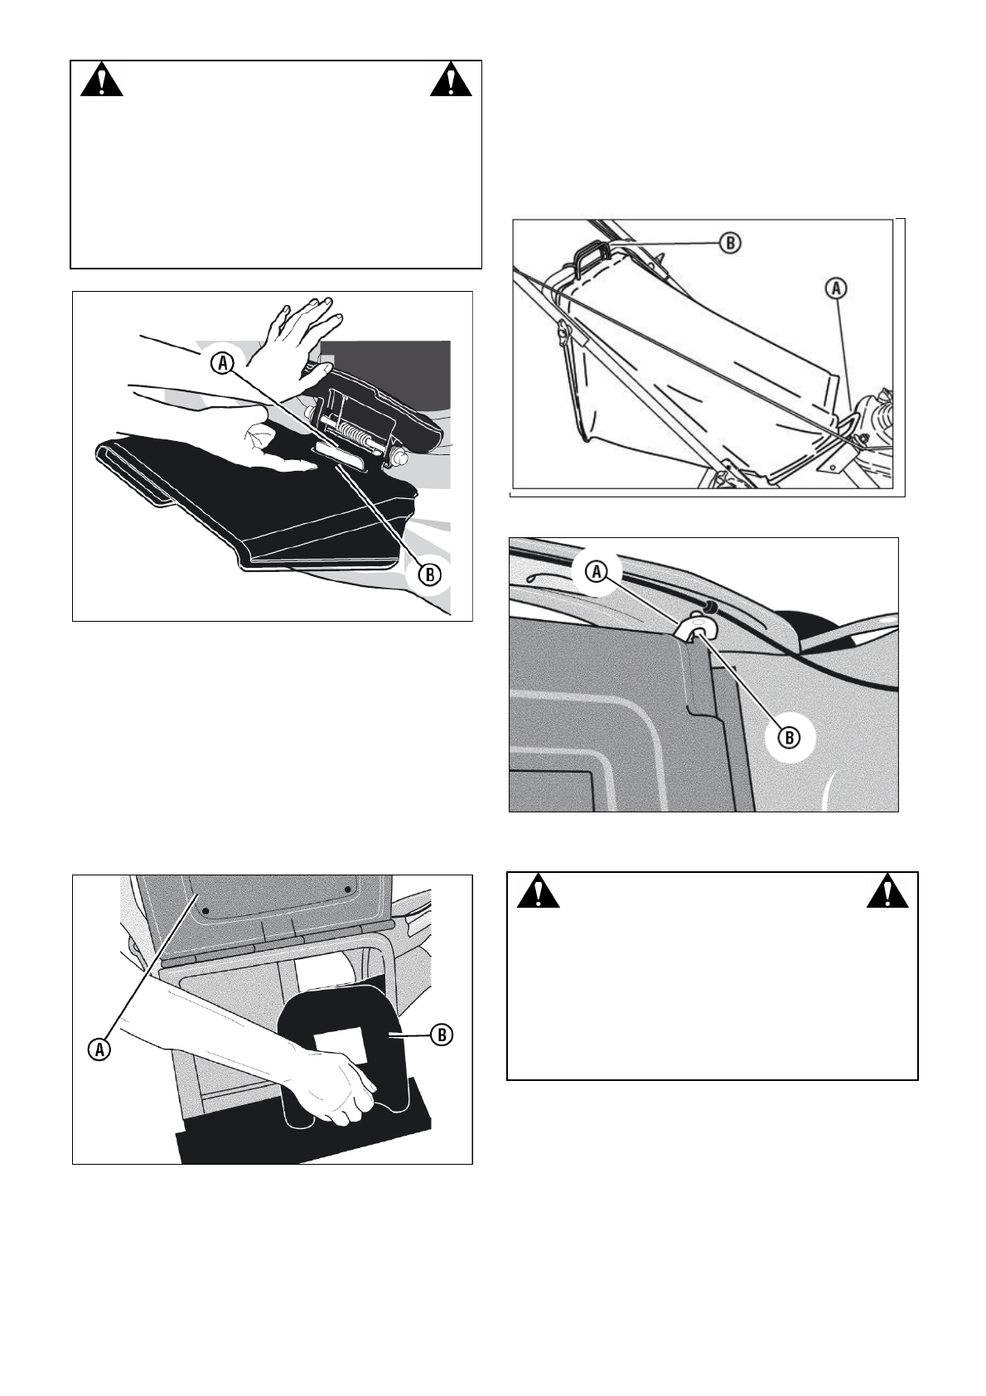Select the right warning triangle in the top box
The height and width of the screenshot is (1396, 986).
(x=451, y=81)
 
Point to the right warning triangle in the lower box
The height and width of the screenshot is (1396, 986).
(x=887, y=892)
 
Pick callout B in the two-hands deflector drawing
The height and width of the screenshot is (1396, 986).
(x=429, y=574)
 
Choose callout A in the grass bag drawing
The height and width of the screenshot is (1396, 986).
(x=837, y=288)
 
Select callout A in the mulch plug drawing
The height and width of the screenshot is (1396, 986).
(x=99, y=1049)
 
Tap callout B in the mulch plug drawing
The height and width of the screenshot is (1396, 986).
(x=442, y=1035)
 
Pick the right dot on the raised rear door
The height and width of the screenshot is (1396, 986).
(x=347, y=889)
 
